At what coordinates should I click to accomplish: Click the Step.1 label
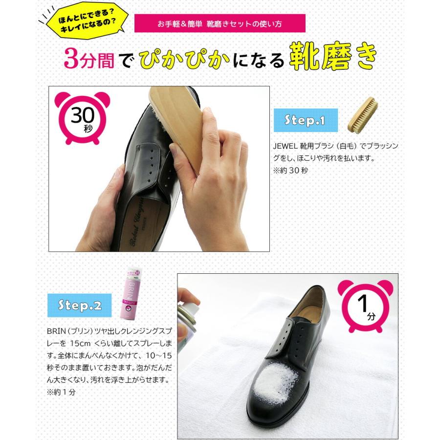click(306, 120)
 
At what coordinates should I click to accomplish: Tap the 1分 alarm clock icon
click(364, 306)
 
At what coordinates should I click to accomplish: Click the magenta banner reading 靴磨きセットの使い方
click(220, 23)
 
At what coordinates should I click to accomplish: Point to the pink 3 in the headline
click(71, 59)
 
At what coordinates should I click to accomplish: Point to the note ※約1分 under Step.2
click(62, 392)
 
